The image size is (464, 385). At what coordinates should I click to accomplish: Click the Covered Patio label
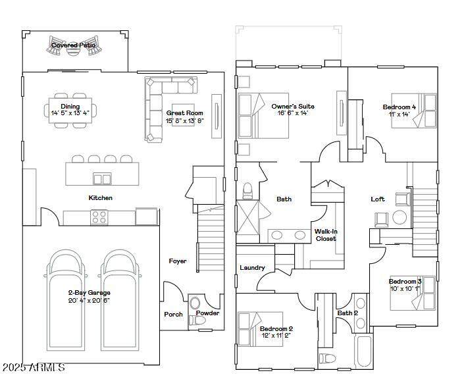pyautogui.click(x=74, y=45)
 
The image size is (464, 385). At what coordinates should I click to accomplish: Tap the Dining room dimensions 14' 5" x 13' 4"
pyautogui.click(x=70, y=113)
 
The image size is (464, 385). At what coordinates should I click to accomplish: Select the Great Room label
pyautogui.click(x=185, y=113)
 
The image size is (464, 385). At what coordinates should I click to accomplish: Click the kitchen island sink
pyautogui.click(x=103, y=179)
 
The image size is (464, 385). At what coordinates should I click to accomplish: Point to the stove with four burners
pyautogui.click(x=99, y=217)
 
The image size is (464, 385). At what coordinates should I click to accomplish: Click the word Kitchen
pyautogui.click(x=100, y=197)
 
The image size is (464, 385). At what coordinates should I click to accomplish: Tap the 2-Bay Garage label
pyautogui.click(x=89, y=293)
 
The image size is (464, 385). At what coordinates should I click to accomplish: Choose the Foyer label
pyautogui.click(x=178, y=261)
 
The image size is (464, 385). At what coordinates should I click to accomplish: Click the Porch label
pyautogui.click(x=173, y=315)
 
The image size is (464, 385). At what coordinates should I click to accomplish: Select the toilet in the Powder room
pyautogui.click(x=197, y=320)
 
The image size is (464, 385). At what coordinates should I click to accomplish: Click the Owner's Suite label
pyautogui.click(x=293, y=106)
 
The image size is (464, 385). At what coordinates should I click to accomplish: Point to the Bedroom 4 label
pyautogui.click(x=400, y=107)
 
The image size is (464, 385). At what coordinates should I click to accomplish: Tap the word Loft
pyautogui.click(x=378, y=199)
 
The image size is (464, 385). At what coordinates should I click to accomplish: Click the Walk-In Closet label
pyautogui.click(x=326, y=235)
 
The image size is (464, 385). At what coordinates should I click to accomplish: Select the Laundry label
pyautogui.click(x=252, y=267)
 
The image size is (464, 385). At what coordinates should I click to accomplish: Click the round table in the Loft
pyautogui.click(x=400, y=217)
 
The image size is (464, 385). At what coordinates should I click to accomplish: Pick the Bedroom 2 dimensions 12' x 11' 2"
pyautogui.click(x=276, y=336)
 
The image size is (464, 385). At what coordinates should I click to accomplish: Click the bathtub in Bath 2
pyautogui.click(x=364, y=351)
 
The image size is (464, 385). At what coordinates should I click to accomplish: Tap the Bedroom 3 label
pyautogui.click(x=405, y=281)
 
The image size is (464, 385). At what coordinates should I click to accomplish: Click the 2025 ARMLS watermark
pyautogui.click(x=34, y=367)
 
